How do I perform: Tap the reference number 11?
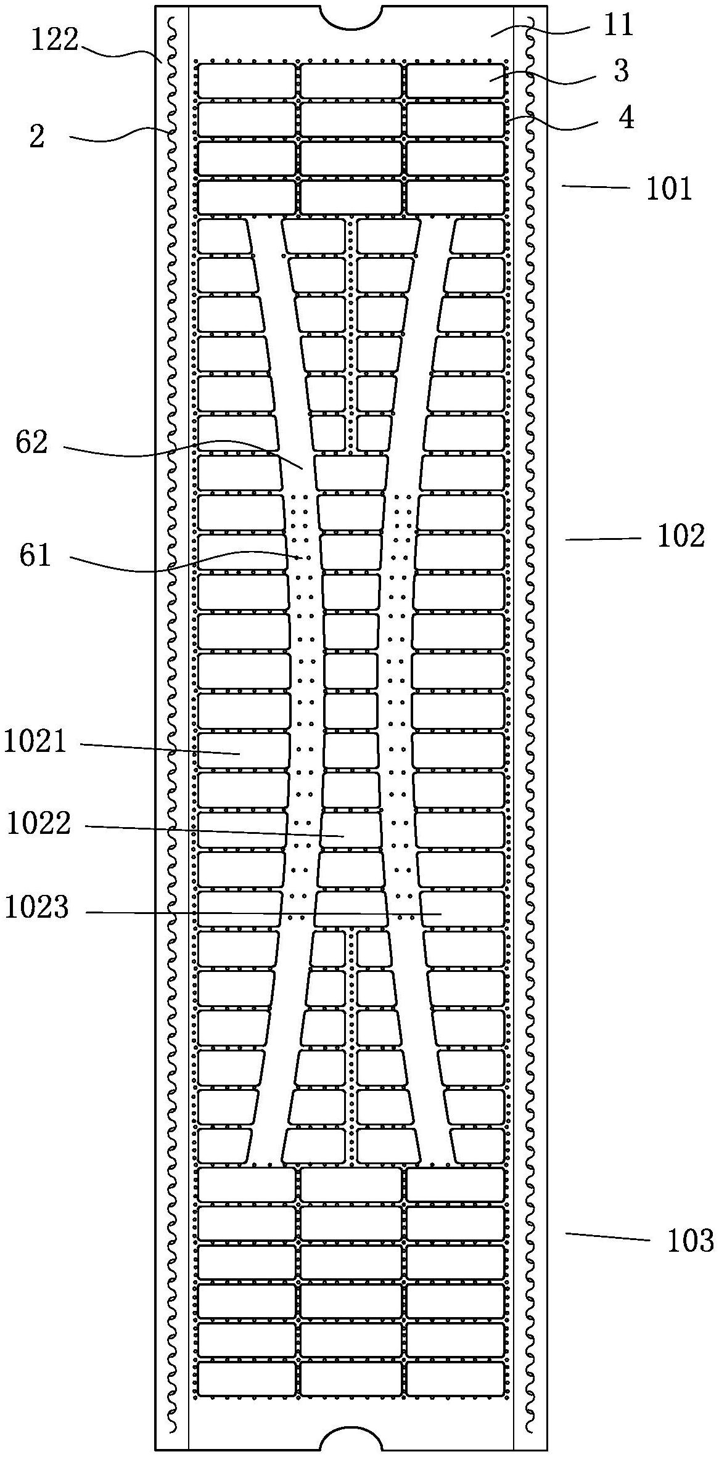click(x=618, y=26)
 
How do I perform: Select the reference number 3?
click(x=621, y=71)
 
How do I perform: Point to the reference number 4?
click(x=626, y=118)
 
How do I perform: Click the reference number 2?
click(x=37, y=137)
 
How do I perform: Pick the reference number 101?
click(x=669, y=189)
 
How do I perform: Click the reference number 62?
click(x=32, y=443)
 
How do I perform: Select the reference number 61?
click(x=35, y=557)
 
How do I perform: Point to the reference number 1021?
click(x=35, y=741)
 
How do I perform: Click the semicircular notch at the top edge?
click(x=351, y=17)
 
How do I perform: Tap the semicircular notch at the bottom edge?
click(x=351, y=1440)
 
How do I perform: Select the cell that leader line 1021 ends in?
click(x=243, y=750)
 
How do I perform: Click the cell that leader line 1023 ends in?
click(x=462, y=909)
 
